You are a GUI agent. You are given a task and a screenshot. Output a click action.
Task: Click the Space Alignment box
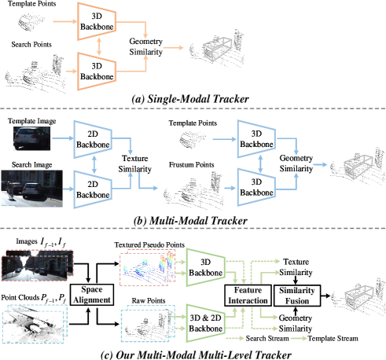91,295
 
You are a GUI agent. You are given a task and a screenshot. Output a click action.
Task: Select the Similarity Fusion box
296,295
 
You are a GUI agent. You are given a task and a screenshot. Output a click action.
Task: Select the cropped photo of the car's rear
34,138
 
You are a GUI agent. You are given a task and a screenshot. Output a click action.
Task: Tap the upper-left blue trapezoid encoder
94,141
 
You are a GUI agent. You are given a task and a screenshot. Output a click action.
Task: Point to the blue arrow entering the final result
318,164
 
